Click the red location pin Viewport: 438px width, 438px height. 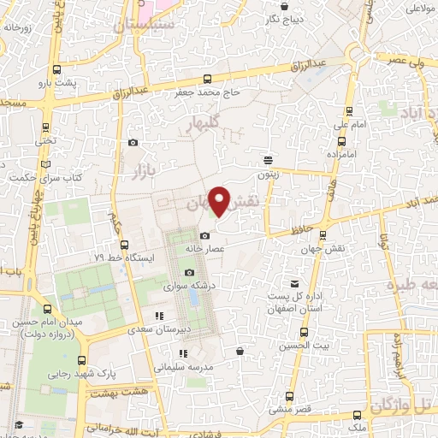221,202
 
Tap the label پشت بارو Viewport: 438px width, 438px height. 63,84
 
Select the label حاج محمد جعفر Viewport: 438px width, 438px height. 210,92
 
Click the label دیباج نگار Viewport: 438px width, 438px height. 283,18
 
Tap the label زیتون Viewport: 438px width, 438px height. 269,173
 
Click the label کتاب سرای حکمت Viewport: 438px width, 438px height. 39,178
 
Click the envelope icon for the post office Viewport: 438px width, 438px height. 295,284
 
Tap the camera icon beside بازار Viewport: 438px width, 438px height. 133,143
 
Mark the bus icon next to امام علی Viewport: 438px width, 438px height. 349,111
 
